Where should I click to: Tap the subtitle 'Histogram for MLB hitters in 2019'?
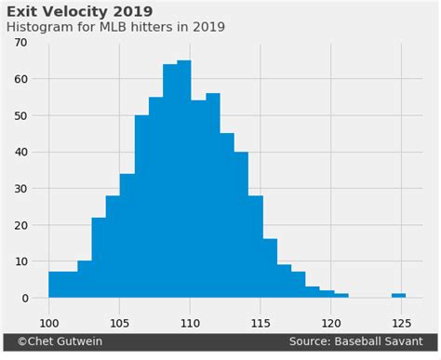pos(115,27)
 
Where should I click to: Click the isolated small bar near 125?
pos(398,295)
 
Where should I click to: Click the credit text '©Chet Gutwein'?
pos(55,342)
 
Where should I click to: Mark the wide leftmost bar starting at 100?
pos(62,285)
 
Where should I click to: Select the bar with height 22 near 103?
pos(99,258)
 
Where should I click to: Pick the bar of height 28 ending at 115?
pos(255,247)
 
